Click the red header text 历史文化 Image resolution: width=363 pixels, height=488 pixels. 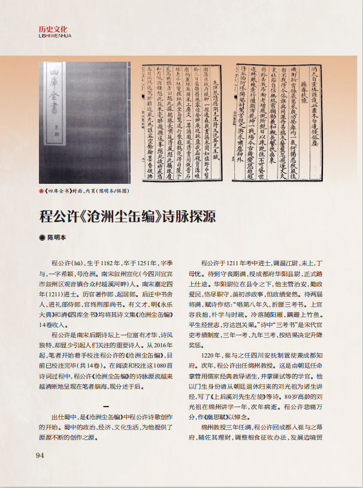[x=53, y=29]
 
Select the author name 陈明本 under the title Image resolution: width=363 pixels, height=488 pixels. [x=58, y=238]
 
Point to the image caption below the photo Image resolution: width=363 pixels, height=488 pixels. [x=87, y=191]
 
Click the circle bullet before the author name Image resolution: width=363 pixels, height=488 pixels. [x=42, y=238]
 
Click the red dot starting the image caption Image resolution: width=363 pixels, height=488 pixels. [x=40, y=191]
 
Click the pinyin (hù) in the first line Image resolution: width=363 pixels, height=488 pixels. [x=77, y=263]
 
